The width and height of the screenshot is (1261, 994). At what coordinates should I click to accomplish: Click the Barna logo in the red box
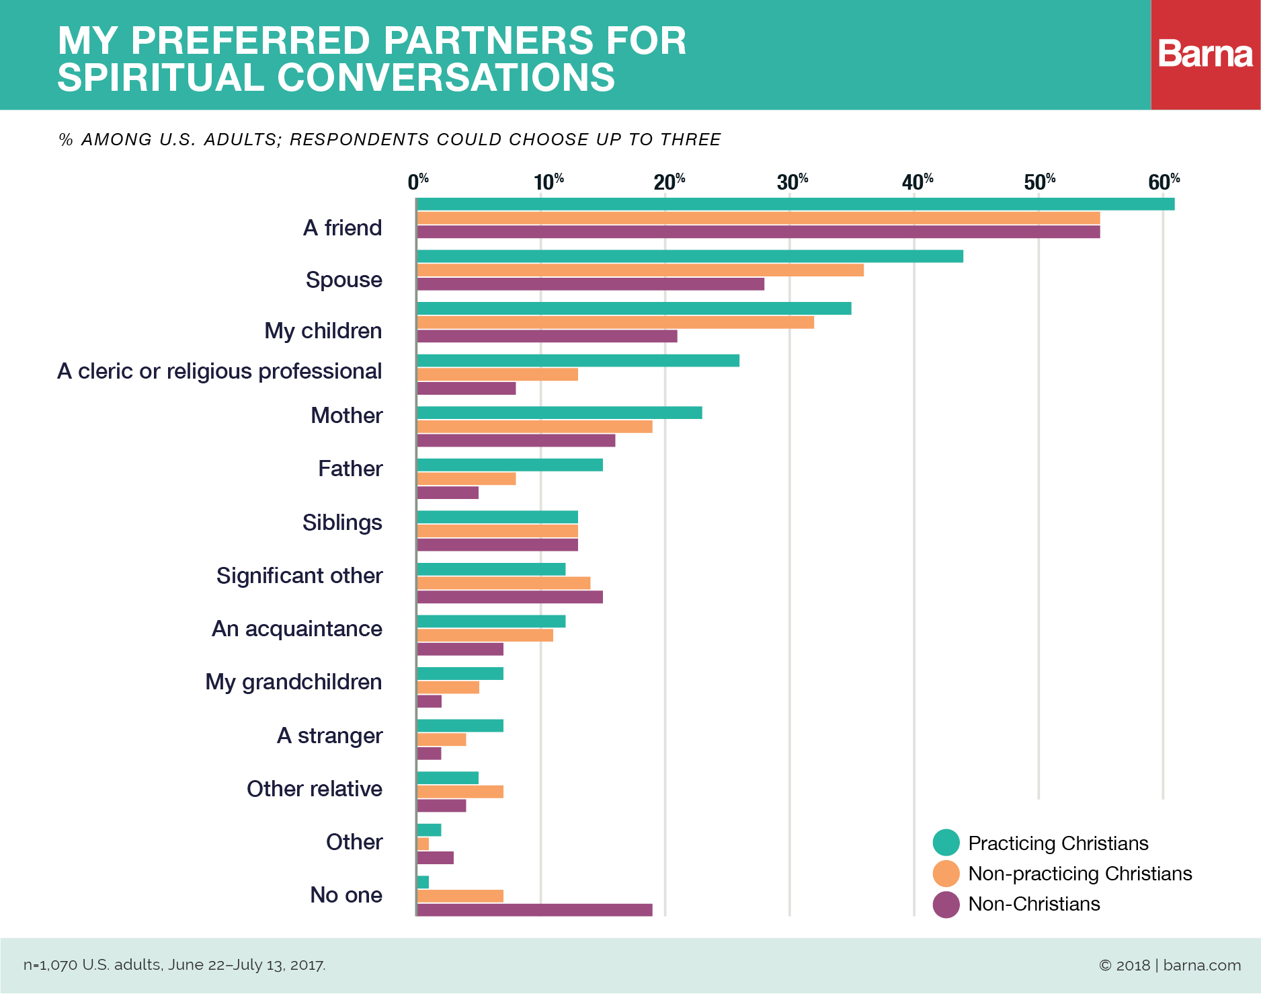[x=1205, y=54]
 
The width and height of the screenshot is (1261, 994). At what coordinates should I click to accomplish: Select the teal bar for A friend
[x=795, y=204]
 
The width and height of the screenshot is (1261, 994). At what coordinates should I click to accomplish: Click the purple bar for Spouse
[x=590, y=284]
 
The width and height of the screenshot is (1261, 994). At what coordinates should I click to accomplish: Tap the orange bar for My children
[x=615, y=322]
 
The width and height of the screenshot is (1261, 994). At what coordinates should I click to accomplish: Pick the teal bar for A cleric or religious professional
[x=578, y=360]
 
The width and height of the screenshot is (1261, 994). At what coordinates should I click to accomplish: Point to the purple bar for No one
[x=534, y=910]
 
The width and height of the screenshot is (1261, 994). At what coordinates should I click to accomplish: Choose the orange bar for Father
[x=466, y=479]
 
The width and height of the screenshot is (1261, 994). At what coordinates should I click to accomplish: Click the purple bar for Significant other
[x=510, y=597]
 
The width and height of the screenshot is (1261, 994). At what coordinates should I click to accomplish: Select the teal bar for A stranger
[x=460, y=726]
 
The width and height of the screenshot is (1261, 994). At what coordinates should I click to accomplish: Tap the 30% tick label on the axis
[x=792, y=182]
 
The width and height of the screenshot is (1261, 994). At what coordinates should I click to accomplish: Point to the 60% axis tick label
[x=1164, y=182]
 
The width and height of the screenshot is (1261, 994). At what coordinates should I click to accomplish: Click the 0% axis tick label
[x=417, y=182]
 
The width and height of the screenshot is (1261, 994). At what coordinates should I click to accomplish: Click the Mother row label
[x=346, y=416]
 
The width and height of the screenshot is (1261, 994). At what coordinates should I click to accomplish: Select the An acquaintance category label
[x=297, y=629]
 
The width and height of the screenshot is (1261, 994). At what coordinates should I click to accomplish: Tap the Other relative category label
[x=315, y=789]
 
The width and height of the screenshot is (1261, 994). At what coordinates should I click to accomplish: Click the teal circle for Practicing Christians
[x=946, y=843]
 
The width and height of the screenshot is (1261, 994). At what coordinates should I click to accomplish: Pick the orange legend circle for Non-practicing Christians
[x=946, y=874]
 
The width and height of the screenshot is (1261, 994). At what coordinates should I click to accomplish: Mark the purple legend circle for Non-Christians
[x=946, y=905]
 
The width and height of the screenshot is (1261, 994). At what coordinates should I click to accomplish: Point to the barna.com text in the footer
[x=1202, y=965]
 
